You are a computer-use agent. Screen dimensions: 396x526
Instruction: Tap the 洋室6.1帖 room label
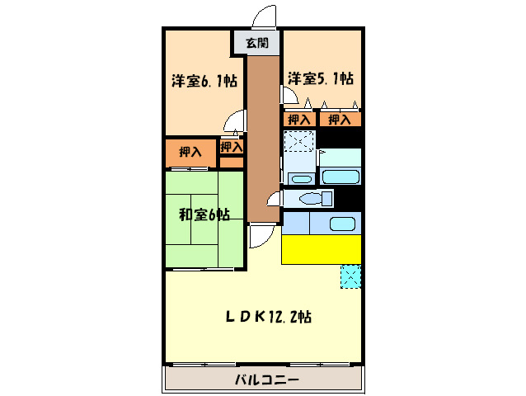204,81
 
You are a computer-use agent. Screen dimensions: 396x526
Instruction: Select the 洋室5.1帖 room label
321,78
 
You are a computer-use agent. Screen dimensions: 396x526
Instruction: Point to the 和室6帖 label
204,215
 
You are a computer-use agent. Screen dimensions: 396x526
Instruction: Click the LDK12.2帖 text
269,316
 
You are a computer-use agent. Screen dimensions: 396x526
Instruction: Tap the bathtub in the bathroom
340,176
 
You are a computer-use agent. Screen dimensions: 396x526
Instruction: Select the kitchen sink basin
341,223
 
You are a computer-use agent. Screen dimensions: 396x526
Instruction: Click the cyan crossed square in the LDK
351,276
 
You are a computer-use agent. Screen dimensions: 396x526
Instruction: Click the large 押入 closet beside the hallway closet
190,153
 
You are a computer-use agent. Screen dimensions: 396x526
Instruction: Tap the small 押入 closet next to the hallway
231,147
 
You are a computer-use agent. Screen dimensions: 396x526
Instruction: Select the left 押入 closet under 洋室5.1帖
299,120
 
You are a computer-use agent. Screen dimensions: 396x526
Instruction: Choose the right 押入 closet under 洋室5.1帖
340,120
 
